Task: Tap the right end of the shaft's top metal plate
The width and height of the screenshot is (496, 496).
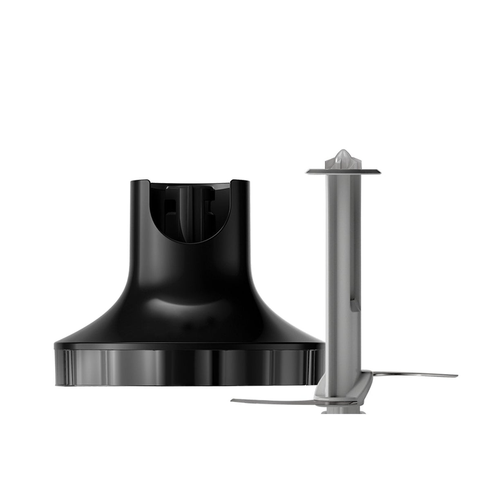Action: coord(375,171)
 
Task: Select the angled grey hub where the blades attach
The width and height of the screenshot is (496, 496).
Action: coord(333,376)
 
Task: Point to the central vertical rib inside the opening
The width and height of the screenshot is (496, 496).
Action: coord(189,217)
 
